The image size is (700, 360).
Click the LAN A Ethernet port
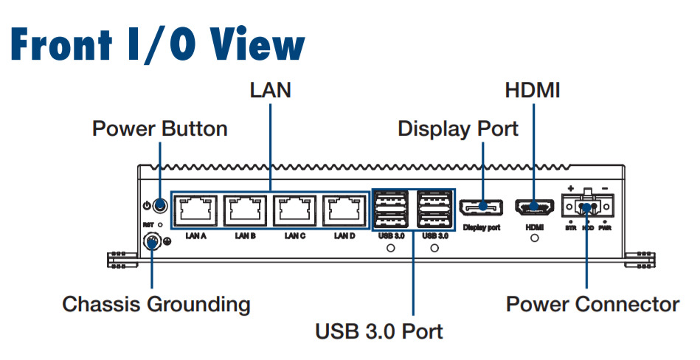point(197,210)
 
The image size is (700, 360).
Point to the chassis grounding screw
point(151,241)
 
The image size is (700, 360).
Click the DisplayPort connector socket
point(483,207)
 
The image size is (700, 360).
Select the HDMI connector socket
point(533,207)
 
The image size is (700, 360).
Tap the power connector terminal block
point(587,204)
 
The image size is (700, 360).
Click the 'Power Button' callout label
point(159,129)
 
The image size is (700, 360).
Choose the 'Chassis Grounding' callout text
point(156,304)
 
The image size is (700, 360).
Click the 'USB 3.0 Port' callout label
point(379,331)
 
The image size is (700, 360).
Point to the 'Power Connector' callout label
point(592,304)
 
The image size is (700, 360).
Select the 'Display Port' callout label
point(458,128)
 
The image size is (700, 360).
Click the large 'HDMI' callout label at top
point(533,91)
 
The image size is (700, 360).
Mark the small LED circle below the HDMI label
point(534,239)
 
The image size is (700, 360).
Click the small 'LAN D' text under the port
point(344,237)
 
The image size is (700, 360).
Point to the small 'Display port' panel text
point(482,228)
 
